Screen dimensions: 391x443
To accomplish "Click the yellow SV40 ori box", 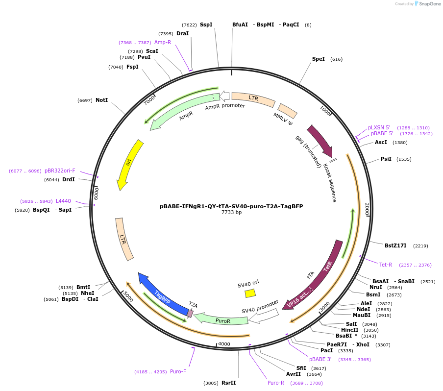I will [250, 293].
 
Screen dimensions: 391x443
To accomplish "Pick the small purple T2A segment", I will [191, 312].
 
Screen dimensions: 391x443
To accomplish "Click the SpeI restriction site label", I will [319, 59].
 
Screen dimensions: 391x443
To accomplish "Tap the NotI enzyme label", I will [101, 100].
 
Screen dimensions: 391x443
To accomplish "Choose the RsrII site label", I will [228, 383].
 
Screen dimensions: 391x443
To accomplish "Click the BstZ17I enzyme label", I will [395, 245].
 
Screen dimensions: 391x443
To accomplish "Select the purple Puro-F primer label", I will [178, 371].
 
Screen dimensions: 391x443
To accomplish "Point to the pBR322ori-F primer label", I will [60, 171].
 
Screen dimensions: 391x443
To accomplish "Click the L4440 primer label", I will [63, 201].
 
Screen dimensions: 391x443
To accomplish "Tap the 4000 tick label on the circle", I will [224, 344].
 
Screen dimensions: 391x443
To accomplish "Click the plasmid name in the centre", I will [231, 206].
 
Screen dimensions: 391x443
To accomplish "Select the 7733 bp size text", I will [231, 213].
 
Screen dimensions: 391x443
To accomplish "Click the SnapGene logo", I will [426, 4].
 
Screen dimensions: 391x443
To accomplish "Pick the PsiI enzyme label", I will [386, 159].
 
